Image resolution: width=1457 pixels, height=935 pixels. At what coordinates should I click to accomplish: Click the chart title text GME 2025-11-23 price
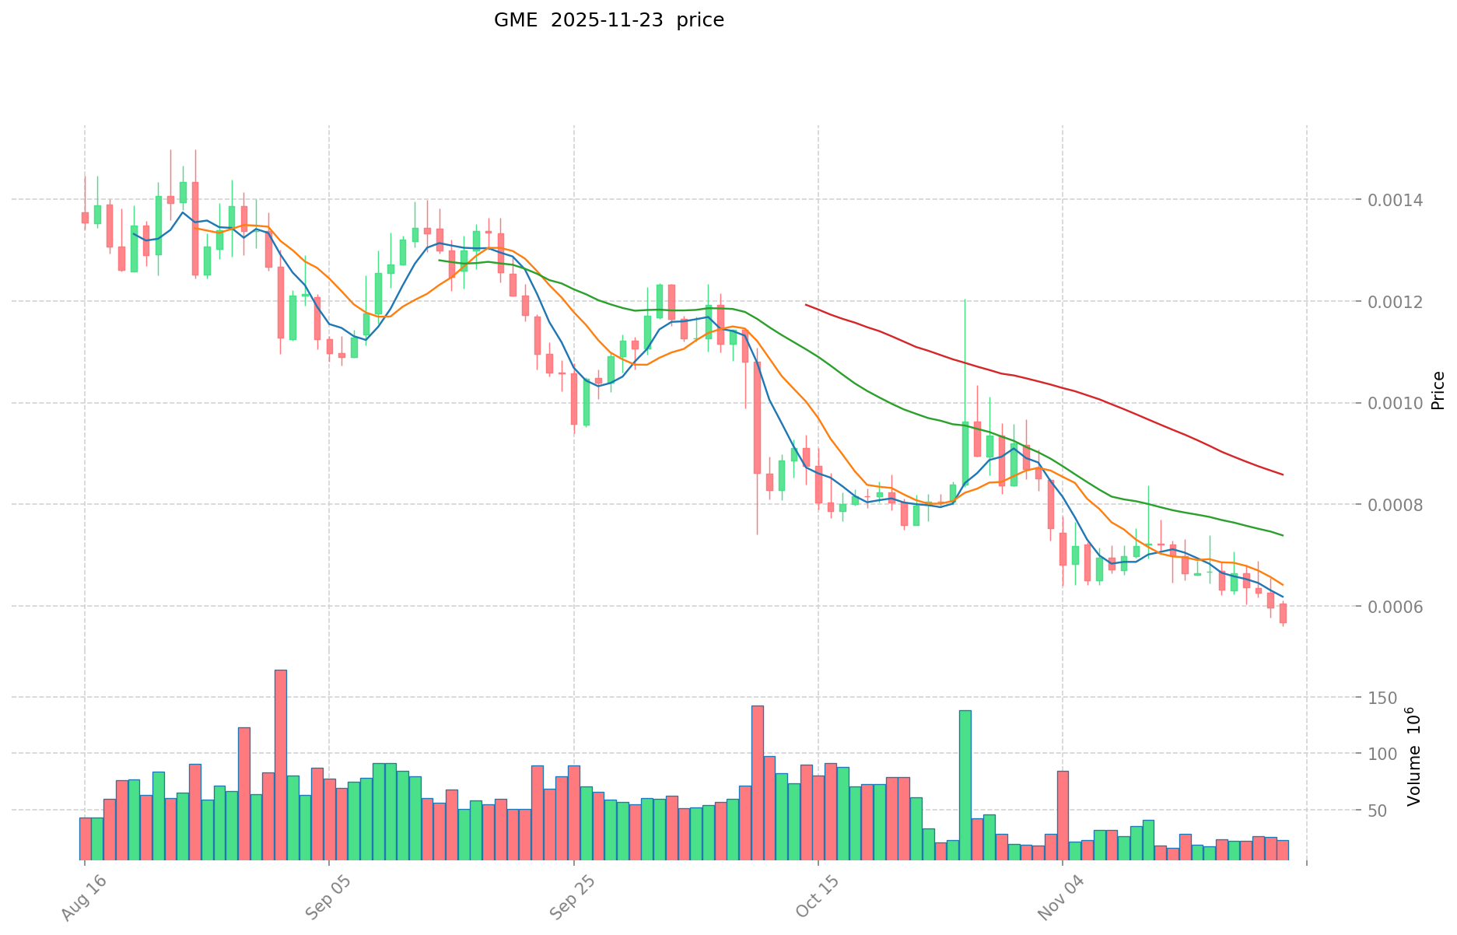coord(608,20)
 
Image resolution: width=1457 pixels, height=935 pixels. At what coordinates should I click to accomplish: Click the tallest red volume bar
coord(281,765)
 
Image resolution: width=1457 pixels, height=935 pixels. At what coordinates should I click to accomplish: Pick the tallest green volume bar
coord(965,785)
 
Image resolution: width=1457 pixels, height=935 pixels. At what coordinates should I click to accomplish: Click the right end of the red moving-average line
coord(1282,475)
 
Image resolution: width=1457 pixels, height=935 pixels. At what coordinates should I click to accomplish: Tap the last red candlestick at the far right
coord(1283,613)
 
